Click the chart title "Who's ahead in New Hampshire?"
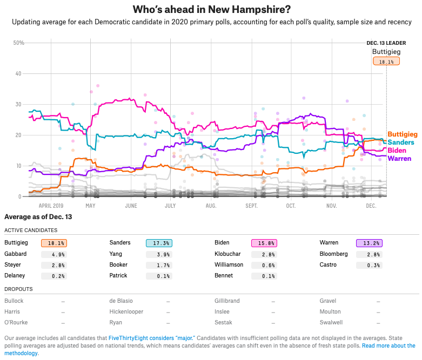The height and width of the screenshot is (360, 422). click(x=211, y=10)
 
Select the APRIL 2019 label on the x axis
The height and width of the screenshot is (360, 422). click(x=53, y=206)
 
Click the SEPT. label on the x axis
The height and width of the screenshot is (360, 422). click(x=252, y=206)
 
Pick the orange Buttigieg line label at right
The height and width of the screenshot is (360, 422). click(x=403, y=134)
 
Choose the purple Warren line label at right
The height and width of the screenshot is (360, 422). click(x=399, y=158)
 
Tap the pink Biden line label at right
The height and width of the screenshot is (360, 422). click(x=397, y=150)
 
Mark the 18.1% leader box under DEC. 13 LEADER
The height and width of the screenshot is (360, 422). click(x=386, y=62)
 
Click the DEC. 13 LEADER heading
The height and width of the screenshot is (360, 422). click(x=386, y=43)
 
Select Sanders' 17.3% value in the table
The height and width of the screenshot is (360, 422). click(x=159, y=243)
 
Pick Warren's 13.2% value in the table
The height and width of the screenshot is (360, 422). click(x=369, y=243)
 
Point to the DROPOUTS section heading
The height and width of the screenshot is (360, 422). click(x=18, y=289)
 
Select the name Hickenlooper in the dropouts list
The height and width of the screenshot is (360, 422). click(x=130, y=312)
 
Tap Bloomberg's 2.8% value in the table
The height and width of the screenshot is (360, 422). click(x=369, y=254)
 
